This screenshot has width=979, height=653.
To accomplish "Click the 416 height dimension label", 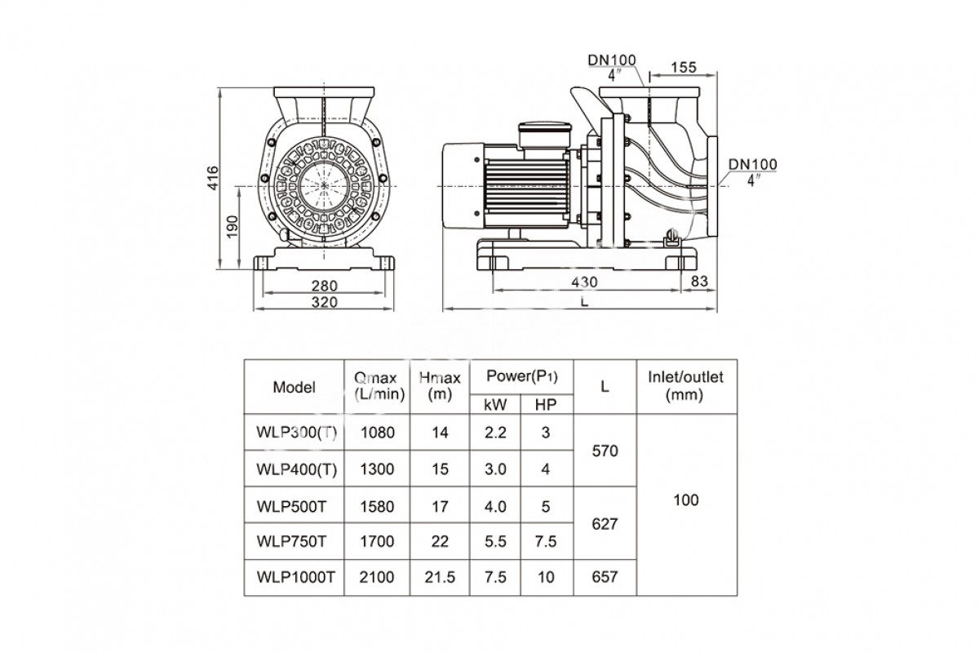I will [211, 177].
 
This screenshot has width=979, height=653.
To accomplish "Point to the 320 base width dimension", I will [325, 302].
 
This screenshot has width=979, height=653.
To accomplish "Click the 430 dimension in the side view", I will [584, 282].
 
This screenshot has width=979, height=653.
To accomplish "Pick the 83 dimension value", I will [699, 282].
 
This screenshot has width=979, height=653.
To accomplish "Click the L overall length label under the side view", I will [584, 302].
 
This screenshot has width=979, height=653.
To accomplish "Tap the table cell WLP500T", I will [290, 507].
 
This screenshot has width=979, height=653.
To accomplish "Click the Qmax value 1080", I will [376, 433].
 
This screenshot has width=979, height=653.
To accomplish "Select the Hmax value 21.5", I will [440, 577].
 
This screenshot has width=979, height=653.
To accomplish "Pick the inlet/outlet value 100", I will [686, 500].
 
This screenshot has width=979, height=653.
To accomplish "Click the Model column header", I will [294, 387].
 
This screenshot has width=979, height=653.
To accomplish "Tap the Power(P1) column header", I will [521, 376].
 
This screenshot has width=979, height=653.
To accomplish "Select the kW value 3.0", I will [495, 469].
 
